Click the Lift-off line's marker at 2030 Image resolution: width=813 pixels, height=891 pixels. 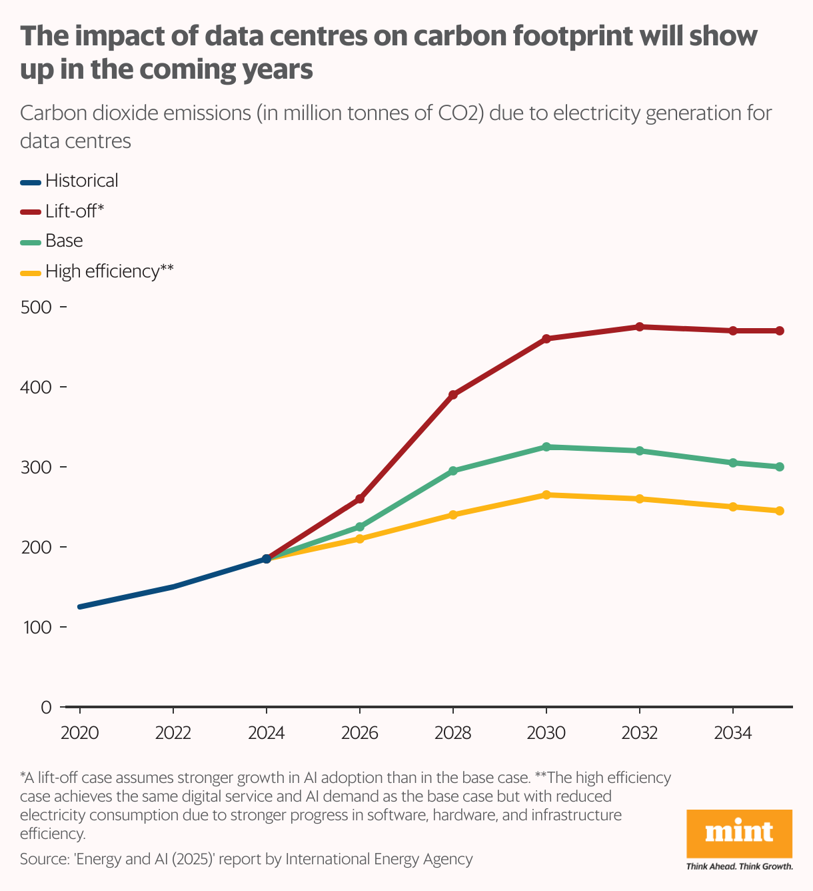click(x=546, y=339)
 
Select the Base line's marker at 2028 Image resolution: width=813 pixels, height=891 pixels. click(x=453, y=471)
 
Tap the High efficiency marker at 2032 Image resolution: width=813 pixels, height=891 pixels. click(x=640, y=499)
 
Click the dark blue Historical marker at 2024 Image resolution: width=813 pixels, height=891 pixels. click(x=267, y=559)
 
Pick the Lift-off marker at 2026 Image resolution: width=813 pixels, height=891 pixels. click(x=360, y=499)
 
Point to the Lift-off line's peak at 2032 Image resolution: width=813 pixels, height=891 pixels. click(x=640, y=327)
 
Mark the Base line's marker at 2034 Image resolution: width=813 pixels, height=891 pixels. click(x=733, y=463)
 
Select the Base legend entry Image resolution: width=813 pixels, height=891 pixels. click(x=64, y=241)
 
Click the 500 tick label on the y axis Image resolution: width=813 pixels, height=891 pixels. click(x=36, y=307)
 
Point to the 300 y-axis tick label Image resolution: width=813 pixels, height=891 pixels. click(x=36, y=468)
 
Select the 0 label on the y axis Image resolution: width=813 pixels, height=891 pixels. click(x=46, y=708)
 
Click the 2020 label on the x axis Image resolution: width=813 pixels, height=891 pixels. click(x=80, y=734)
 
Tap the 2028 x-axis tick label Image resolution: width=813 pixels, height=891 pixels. click(x=453, y=734)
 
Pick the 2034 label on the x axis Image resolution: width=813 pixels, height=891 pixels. click(x=733, y=734)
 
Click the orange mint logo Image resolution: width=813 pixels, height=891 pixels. click(x=739, y=834)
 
